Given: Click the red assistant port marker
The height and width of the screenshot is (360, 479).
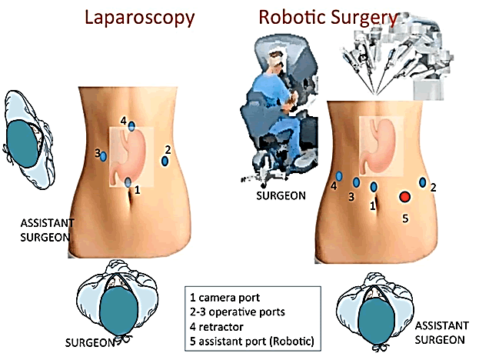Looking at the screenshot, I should point(404,197).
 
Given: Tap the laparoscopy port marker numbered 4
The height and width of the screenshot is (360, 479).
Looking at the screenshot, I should point(132,125).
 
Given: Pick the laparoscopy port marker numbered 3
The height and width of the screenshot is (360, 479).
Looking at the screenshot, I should point(103,155).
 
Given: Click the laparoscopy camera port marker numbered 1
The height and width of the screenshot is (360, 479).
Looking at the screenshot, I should point(128,182).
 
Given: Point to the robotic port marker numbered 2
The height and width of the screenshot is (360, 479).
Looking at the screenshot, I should point(423,182).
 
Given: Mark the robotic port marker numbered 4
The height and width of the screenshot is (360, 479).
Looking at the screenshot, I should point(339,176).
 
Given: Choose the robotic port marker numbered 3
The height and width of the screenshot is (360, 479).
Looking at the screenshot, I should point(356,182).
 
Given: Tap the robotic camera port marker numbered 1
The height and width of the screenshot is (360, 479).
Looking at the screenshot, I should point(374,186).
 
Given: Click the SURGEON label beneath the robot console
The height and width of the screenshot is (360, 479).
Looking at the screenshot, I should point(280,195).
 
